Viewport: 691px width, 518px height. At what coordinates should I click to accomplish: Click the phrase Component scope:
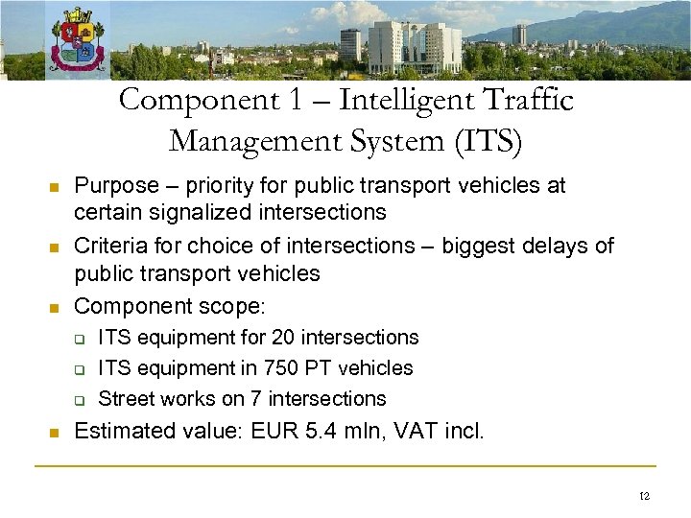[x=169, y=306]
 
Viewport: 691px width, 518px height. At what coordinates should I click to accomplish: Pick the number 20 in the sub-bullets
[x=311, y=338]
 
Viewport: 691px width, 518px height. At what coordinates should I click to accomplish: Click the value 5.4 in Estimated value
[x=319, y=432]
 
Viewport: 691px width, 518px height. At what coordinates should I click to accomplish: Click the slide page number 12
[x=643, y=496]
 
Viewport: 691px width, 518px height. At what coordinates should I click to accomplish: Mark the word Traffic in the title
[x=528, y=100]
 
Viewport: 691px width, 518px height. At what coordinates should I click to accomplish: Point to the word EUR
[x=273, y=432]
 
